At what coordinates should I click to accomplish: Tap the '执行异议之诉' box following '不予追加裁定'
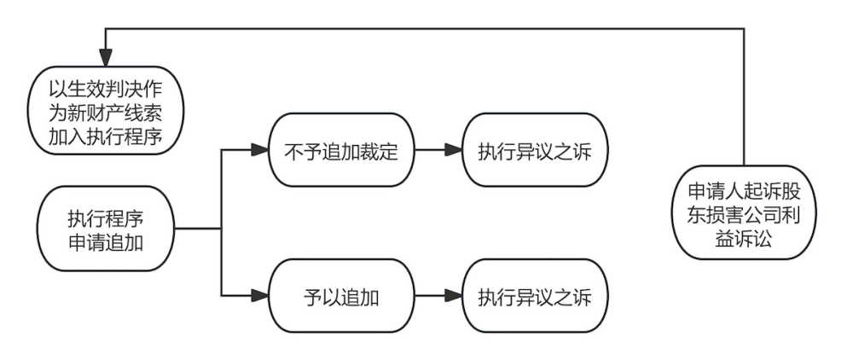point(535,153)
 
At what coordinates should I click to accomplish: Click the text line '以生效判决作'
point(105,89)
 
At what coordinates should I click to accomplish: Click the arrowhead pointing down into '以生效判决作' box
point(105,57)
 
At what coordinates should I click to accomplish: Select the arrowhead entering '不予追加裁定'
point(259,153)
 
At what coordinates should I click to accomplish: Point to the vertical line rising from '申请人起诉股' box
point(745,94)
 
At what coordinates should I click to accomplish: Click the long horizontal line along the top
point(426,28)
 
